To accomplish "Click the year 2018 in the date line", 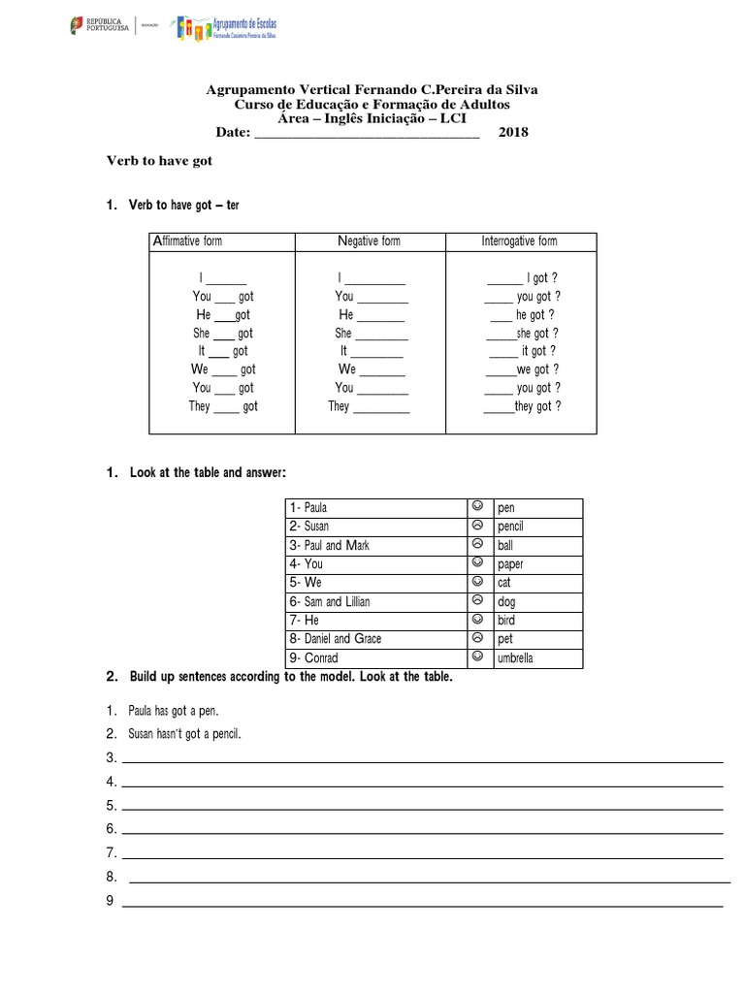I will click(x=513, y=133).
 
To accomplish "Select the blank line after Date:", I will click(x=366, y=136).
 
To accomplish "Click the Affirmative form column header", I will click(x=187, y=240).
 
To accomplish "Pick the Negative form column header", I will click(x=369, y=240).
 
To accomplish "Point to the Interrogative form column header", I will click(x=520, y=240).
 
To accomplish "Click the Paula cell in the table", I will click(x=375, y=508).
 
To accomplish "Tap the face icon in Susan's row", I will click(x=477, y=526).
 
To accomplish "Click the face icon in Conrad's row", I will click(x=477, y=657).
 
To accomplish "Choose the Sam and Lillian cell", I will click(x=375, y=601).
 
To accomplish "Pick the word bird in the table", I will click(x=506, y=621).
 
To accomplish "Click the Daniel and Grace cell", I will click(x=375, y=639).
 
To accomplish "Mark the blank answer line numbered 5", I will click(x=422, y=808).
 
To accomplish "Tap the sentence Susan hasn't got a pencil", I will click(x=184, y=734).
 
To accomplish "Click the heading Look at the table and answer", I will click(x=208, y=472).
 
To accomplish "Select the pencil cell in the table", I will click(x=510, y=527).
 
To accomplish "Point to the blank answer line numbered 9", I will click(x=422, y=905).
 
